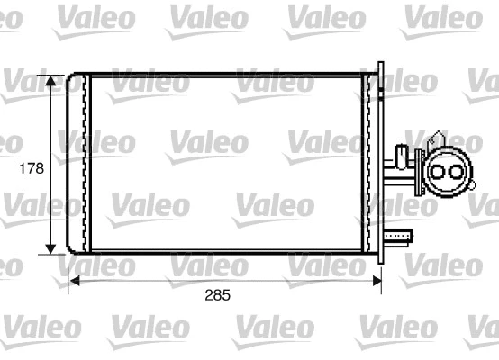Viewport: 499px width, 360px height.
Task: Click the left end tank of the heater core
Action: pyautogui.click(x=79, y=162)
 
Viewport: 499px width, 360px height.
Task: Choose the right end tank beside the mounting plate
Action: pyautogui.click(x=368, y=162)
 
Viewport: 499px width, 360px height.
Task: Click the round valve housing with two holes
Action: pyautogui.click(x=446, y=171)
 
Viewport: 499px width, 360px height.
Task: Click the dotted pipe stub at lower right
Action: pyautogui.click(x=399, y=238)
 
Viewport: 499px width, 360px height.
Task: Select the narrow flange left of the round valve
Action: pyautogui.click(x=419, y=171)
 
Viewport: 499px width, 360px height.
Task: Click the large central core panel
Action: pyautogui.click(x=225, y=162)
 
